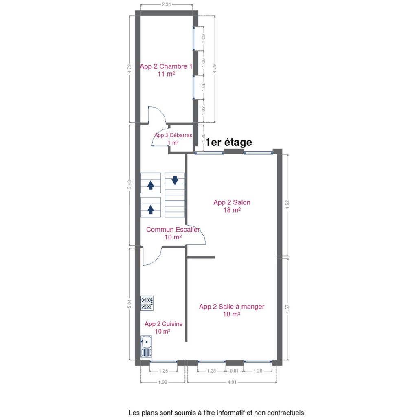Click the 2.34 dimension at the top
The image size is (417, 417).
point(166,4)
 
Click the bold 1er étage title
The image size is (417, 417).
point(229,142)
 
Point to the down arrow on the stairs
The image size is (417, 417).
point(175,180)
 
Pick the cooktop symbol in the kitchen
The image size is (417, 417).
point(147,303)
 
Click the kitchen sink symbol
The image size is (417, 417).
point(147,346)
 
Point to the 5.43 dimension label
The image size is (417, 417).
point(129,185)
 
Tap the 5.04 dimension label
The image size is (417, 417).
point(129,304)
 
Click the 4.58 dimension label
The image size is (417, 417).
point(288,205)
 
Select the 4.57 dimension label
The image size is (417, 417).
point(288,309)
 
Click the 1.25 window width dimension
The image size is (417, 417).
point(163,371)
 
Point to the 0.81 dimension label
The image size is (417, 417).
point(234,371)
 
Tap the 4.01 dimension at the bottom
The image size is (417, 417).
point(232,382)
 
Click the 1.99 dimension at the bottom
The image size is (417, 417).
point(163,382)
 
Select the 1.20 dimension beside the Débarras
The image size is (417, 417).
point(204,137)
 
